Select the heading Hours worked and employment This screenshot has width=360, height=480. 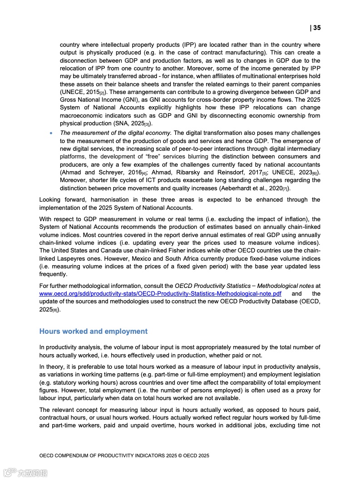coord(94,332)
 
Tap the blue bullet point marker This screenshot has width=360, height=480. coord(51,133)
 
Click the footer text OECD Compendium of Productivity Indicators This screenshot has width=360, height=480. coord(124,455)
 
